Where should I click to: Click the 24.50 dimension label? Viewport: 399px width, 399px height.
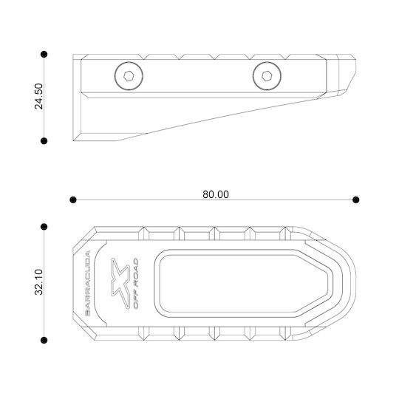(x=38, y=96)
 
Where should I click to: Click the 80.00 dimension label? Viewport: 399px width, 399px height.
(x=216, y=194)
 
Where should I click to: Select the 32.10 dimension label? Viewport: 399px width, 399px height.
(x=38, y=282)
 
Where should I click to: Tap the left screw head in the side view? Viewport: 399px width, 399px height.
(x=129, y=76)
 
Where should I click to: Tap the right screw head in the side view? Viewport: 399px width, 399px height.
(x=267, y=76)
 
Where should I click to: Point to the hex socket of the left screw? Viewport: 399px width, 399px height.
(x=129, y=76)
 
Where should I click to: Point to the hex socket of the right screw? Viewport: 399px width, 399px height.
(x=267, y=76)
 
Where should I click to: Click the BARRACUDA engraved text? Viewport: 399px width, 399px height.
(x=87, y=283)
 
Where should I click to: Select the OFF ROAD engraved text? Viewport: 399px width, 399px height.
(x=136, y=283)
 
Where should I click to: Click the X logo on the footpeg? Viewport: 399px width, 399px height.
(x=120, y=283)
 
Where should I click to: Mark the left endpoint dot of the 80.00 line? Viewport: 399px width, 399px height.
(x=73, y=199)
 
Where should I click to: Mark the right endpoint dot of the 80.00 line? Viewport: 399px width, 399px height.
(x=356, y=199)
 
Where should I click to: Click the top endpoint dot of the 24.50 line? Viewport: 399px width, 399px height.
(x=44, y=54)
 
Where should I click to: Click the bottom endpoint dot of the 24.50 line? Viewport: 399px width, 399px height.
(x=44, y=140)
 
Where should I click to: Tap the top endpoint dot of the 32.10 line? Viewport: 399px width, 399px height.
(x=44, y=227)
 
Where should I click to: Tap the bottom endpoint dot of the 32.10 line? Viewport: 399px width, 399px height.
(x=44, y=340)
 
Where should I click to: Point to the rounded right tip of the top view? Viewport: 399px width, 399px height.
(x=355, y=283)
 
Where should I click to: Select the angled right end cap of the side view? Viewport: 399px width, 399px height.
(x=341, y=75)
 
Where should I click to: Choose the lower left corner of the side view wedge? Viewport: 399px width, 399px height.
(x=73, y=140)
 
